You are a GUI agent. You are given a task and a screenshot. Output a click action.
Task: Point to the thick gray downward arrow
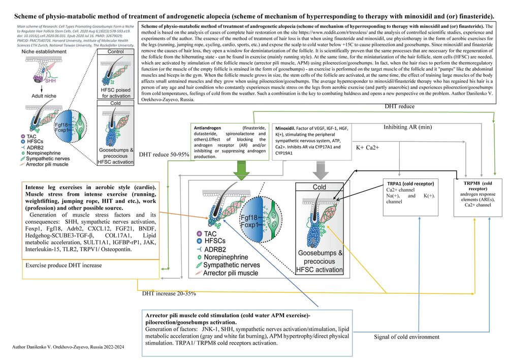319,169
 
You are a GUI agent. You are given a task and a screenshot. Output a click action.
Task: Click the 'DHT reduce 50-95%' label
162,154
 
